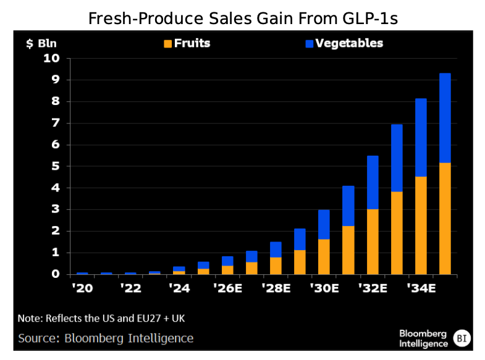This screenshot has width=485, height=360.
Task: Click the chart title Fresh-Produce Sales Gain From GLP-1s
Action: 242,18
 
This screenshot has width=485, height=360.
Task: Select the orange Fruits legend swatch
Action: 167,44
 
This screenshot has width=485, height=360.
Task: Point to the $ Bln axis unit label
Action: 40,44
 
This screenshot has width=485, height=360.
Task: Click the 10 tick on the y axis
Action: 51,59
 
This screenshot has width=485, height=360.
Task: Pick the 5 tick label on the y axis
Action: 54,166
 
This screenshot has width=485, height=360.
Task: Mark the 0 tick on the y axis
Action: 54,274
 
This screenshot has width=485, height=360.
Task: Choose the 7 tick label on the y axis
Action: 54,123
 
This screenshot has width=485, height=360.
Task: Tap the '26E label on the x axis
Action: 229,288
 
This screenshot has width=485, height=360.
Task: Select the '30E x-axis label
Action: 325,288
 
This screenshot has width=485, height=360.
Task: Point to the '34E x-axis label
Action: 422,288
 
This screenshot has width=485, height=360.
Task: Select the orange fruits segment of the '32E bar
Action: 373,241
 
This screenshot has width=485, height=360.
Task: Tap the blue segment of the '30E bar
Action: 324,224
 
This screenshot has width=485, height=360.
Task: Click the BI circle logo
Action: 461,338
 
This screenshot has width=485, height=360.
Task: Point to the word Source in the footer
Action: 38,338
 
